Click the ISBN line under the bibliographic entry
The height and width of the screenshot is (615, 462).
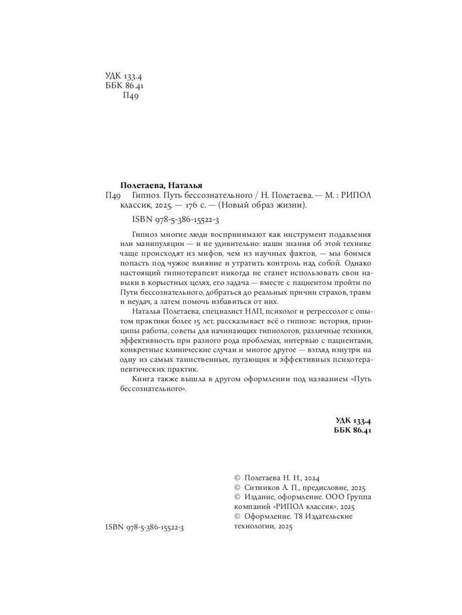click(179, 220)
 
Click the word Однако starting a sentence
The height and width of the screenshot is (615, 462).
click(356, 258)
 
